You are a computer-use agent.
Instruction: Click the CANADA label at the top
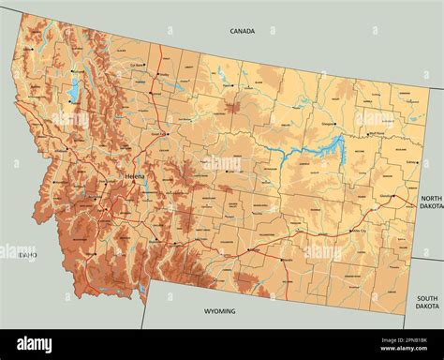click(x=242, y=31)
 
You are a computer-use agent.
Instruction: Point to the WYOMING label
click(x=220, y=311)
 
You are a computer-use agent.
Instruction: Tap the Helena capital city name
click(x=134, y=176)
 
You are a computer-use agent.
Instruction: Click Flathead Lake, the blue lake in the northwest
click(x=73, y=92)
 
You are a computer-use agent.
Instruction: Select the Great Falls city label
click(x=160, y=134)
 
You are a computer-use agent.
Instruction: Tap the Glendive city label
click(x=386, y=196)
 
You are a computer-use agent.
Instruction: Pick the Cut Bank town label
click(x=139, y=65)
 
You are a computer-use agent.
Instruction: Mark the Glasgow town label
click(x=329, y=123)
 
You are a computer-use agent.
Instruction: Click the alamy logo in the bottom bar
click(x=35, y=344)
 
